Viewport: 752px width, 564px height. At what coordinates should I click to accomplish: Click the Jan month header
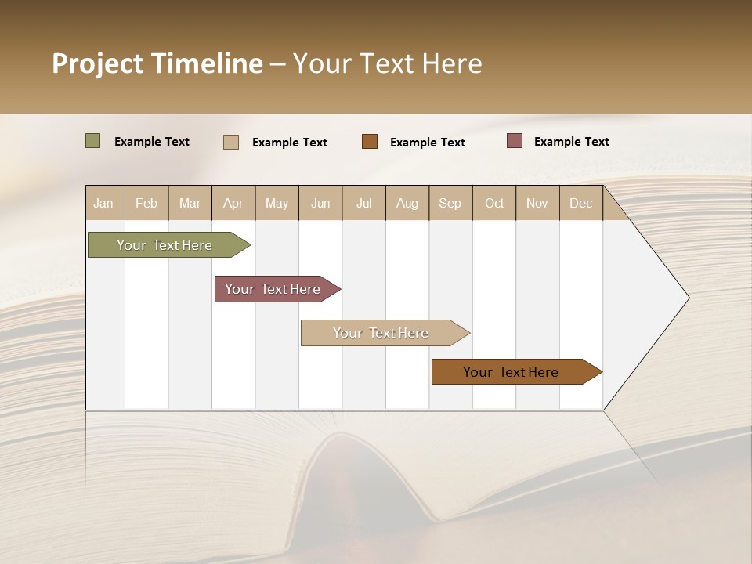(x=103, y=204)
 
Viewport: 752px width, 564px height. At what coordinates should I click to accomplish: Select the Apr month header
(x=233, y=204)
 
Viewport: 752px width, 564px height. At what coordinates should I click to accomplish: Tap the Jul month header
(x=363, y=204)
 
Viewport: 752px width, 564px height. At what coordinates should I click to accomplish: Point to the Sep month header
(x=450, y=204)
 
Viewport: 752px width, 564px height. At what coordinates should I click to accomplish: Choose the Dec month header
(x=580, y=204)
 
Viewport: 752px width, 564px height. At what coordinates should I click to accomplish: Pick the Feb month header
(x=146, y=204)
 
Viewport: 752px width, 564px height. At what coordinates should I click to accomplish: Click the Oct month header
(x=494, y=204)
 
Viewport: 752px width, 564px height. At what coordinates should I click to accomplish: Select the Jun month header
(x=320, y=204)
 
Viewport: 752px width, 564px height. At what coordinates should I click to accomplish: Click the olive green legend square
(x=92, y=141)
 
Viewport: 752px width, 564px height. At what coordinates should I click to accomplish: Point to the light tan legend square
(x=230, y=142)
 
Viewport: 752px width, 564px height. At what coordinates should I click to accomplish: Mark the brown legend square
(x=370, y=142)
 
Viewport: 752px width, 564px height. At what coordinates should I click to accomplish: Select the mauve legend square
(x=515, y=141)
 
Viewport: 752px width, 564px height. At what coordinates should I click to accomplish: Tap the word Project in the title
(x=98, y=63)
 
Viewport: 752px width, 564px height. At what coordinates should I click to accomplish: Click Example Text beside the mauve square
(x=571, y=142)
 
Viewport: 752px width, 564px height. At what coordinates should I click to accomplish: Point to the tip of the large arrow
(x=688, y=298)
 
